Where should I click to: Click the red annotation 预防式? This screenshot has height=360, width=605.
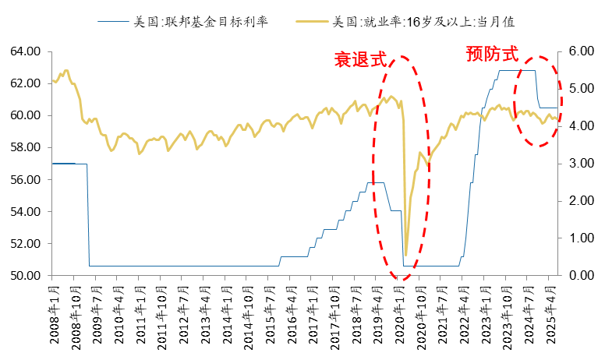(491, 54)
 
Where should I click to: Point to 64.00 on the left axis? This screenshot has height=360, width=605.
(25, 51)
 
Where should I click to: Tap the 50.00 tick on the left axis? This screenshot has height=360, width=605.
(25, 275)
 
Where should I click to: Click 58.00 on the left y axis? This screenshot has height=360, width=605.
(25, 147)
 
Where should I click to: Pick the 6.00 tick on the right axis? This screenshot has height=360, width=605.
(579, 51)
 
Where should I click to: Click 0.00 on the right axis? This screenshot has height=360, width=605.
(579, 275)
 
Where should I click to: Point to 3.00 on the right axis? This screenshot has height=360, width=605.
(579, 164)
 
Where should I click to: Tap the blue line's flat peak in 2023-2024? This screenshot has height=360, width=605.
(517, 71)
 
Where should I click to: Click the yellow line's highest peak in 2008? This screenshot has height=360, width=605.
(65, 70)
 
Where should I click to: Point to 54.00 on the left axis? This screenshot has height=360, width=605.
(25, 211)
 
